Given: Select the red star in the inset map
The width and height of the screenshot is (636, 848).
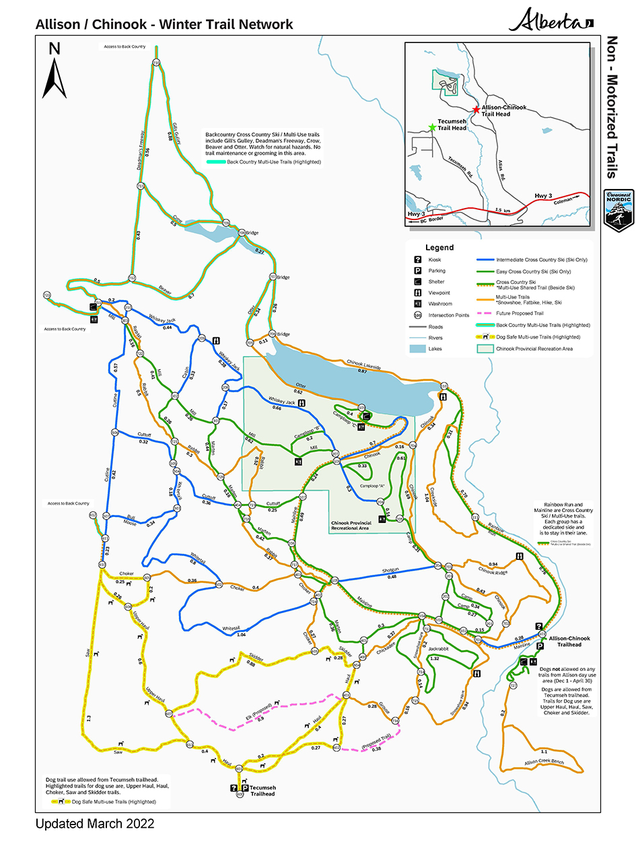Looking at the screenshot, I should [476, 109].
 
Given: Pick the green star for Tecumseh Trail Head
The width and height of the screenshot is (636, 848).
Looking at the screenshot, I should [431, 127].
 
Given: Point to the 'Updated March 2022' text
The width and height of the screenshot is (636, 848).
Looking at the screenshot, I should [94, 824].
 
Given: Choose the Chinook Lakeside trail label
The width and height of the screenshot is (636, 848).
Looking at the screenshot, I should [364, 364].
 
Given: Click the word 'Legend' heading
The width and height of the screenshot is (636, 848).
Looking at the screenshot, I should [439, 247].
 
